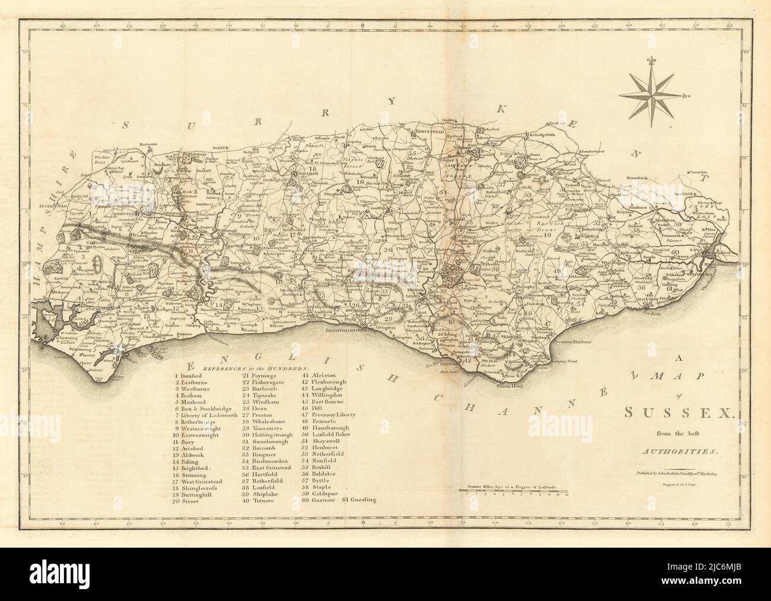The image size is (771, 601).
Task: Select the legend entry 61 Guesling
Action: [x=360, y=500]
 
